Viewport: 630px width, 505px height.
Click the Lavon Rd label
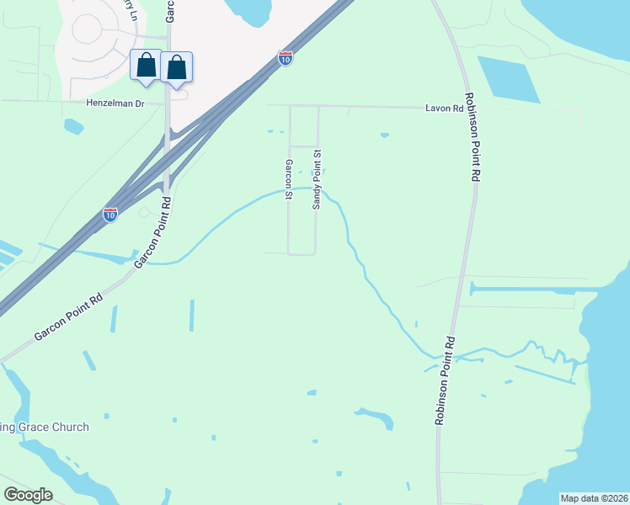(445, 109)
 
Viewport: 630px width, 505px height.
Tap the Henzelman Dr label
(116, 103)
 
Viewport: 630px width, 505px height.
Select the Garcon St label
(288, 179)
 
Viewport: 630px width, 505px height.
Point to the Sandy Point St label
(318, 180)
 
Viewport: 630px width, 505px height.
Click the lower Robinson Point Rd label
(446, 380)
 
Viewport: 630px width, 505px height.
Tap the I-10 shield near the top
(286, 58)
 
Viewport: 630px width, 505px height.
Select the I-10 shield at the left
(110, 214)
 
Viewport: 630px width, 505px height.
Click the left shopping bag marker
(146, 66)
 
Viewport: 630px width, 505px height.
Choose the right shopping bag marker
(177, 66)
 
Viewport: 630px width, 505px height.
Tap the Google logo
(28, 495)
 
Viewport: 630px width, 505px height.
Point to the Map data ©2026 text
(594, 498)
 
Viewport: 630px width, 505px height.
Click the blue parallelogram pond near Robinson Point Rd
(509, 79)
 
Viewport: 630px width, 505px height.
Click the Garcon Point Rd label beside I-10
(154, 232)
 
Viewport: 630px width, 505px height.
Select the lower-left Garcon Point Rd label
(68, 316)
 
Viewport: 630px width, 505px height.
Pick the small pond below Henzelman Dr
(73, 126)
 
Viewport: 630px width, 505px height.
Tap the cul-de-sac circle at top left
(87, 29)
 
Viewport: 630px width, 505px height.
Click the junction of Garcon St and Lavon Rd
(290, 107)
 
